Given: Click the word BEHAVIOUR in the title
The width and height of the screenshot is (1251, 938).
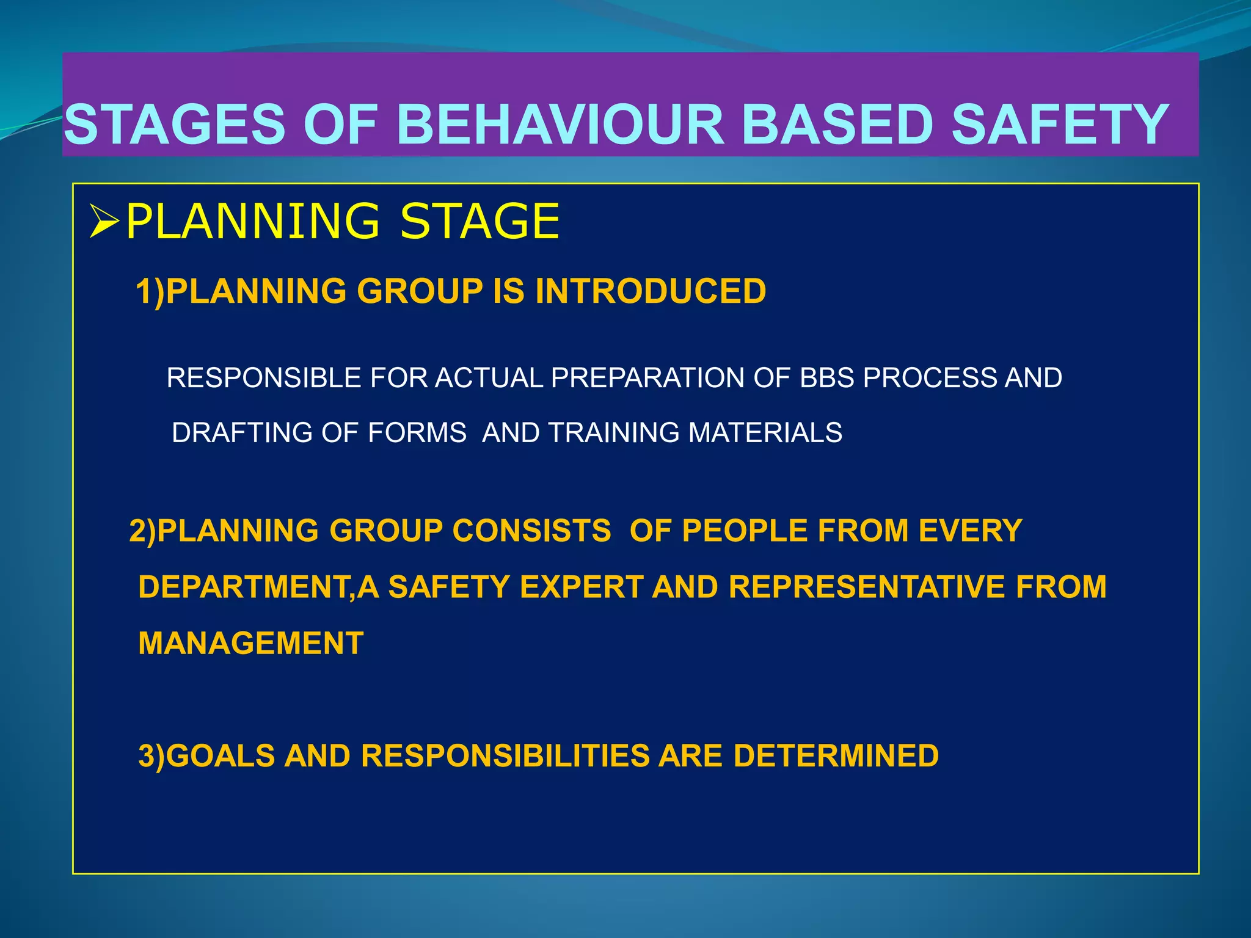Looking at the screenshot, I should click(560, 125).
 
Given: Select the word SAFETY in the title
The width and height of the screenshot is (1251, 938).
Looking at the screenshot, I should click(1060, 125).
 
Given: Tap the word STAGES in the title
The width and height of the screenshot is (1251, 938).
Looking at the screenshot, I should click(175, 125).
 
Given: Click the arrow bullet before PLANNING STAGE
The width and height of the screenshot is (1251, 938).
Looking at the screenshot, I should click(103, 222).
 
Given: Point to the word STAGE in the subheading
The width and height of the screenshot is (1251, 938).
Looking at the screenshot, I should click(479, 221).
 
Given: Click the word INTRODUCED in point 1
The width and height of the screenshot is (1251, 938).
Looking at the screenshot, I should click(651, 291).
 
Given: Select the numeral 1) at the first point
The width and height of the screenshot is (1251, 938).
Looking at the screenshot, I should click(150, 291).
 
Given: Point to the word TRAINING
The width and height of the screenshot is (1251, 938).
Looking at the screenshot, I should click(613, 433).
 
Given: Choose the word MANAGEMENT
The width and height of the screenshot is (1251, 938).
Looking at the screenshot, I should click(251, 644).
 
